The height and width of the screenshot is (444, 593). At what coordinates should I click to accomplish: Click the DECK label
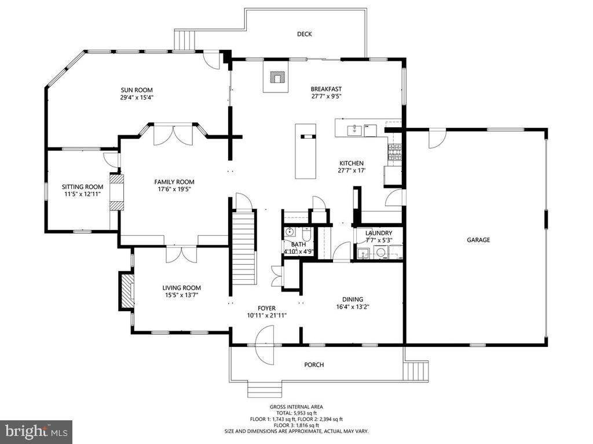tap(305, 34)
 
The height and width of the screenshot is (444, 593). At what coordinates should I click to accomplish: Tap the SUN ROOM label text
tap(137, 90)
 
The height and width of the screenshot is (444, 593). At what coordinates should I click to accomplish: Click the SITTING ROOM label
tap(82, 187)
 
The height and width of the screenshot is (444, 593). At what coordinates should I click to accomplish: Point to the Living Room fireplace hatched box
tap(126, 291)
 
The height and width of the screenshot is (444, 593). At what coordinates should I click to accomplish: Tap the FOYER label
tap(266, 308)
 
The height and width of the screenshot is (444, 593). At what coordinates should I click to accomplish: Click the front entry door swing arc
tap(265, 345)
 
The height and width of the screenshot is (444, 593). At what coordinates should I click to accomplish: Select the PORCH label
tap(314, 365)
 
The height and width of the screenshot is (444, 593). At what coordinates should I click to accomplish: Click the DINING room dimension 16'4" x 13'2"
tap(353, 307)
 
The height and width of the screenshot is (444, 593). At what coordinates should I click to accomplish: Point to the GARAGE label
tap(479, 240)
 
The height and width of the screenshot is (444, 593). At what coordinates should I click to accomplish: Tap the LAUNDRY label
tap(379, 233)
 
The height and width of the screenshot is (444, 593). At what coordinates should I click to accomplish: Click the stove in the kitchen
tap(395, 152)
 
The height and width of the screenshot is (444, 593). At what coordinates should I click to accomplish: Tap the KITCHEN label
tap(351, 163)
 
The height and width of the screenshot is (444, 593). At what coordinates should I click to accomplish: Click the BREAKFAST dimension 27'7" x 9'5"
tap(326, 97)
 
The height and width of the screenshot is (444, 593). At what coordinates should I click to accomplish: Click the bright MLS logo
tap(36, 431)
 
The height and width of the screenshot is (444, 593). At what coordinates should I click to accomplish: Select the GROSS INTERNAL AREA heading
tap(296, 407)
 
